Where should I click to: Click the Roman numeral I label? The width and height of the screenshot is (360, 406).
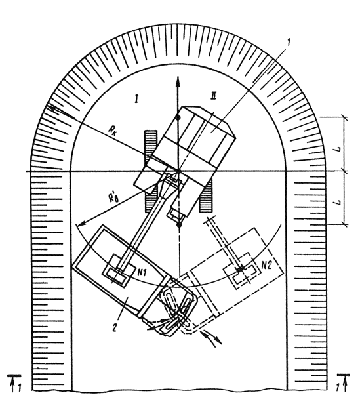coord(136,99)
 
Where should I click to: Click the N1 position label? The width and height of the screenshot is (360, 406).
coord(142,272)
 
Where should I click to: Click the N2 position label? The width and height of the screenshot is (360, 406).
coord(267,265)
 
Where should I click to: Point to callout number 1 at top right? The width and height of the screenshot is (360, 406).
coord(289,42)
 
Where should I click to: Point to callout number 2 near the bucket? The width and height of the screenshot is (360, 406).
coord(115,327)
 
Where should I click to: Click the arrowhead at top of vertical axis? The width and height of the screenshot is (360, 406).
coord(178,81)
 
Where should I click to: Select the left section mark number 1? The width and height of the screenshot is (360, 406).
coord(20,388)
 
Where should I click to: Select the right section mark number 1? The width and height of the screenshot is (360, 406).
coord(338,388)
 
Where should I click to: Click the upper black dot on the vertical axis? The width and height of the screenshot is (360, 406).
coord(178,118)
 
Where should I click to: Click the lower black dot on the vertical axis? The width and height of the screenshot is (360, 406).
coord(178,224)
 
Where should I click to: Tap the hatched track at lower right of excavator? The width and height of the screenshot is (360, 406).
coord(206,196)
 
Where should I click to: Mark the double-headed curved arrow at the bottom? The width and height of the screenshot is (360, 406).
coord(211,338)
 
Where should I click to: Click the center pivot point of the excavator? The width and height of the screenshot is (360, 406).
coord(178,171)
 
